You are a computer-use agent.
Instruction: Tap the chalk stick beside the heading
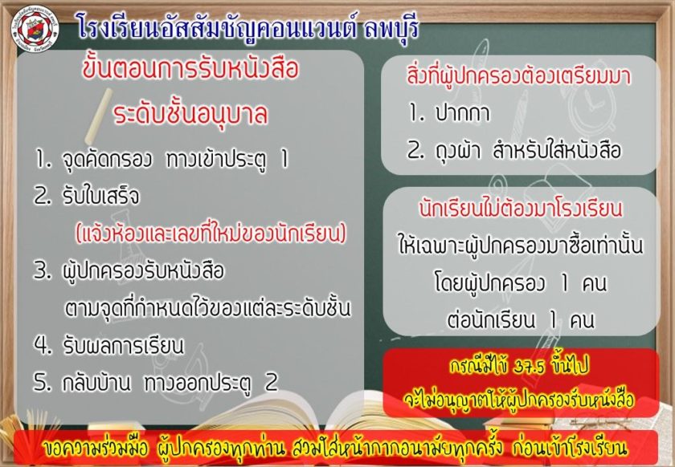click(x=99, y=116)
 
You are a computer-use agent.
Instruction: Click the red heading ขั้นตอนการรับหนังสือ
click(x=190, y=69)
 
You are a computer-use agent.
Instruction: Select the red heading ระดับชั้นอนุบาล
click(x=190, y=113)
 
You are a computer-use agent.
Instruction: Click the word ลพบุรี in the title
click(x=391, y=28)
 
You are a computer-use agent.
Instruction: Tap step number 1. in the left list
click(x=43, y=160)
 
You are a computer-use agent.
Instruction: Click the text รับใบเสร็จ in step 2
click(x=101, y=196)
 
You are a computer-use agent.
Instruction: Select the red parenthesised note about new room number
click(x=211, y=233)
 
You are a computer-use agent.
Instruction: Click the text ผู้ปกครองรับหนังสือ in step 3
click(x=143, y=270)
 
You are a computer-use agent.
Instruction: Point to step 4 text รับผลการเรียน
click(x=124, y=345)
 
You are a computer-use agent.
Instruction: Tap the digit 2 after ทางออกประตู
click(x=272, y=382)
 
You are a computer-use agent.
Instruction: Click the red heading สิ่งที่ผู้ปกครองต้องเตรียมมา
click(x=519, y=76)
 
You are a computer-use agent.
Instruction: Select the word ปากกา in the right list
click(x=462, y=113)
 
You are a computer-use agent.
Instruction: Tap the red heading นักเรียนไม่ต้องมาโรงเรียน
click(x=521, y=208)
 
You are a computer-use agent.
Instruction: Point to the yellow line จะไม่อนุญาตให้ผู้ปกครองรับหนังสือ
click(x=519, y=399)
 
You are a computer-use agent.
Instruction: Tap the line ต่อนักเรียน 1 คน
click(x=520, y=320)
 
